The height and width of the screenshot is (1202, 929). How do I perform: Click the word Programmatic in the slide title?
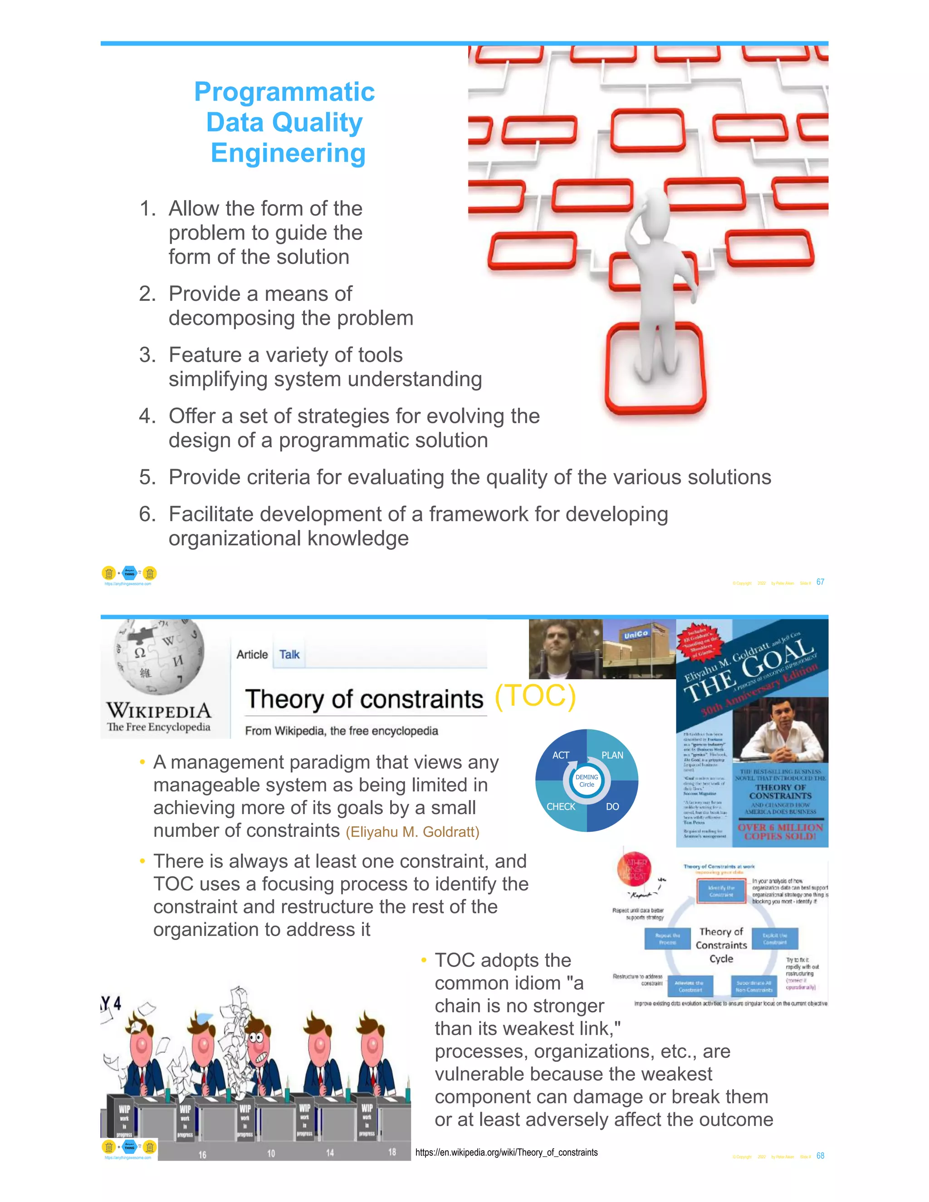click(x=284, y=92)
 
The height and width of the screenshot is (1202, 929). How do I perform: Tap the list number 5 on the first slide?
click(x=147, y=477)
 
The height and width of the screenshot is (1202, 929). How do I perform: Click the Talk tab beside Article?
click(x=289, y=655)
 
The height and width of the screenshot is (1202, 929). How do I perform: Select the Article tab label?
click(x=252, y=655)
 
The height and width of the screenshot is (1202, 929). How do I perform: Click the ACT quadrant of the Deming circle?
click(x=561, y=755)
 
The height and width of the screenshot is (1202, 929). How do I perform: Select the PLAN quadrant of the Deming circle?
click(x=612, y=755)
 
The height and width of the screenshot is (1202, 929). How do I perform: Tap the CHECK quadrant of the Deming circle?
click(x=561, y=806)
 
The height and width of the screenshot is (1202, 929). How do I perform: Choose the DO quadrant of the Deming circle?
click(x=612, y=806)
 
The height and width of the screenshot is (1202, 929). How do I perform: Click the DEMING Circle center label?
click(x=587, y=781)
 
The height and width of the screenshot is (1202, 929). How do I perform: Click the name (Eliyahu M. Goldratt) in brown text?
click(x=412, y=831)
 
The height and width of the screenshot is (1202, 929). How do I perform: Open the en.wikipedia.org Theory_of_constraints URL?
click(x=506, y=1153)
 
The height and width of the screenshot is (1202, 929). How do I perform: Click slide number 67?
click(x=820, y=582)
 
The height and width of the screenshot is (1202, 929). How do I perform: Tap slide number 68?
click(x=820, y=1156)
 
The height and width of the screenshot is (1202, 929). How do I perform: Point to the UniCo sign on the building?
click(x=636, y=635)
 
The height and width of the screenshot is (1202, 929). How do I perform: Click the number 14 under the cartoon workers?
click(x=330, y=1152)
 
